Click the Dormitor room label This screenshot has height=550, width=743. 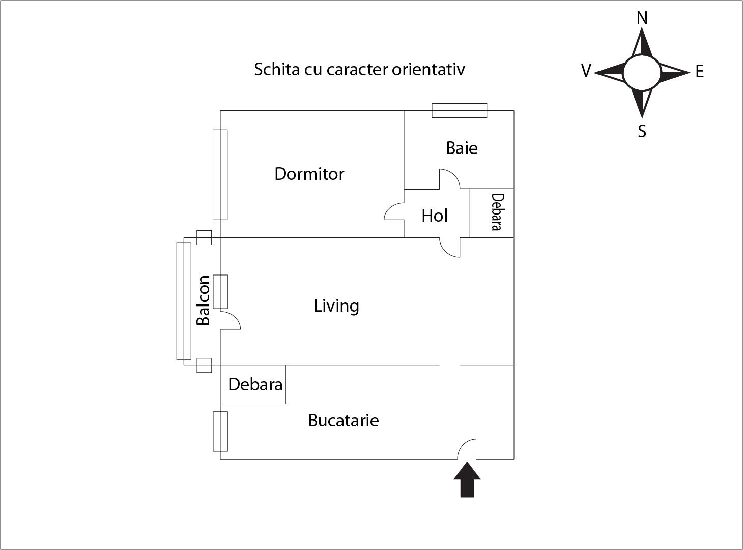(x=309, y=174)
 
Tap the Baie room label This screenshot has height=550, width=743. (x=462, y=148)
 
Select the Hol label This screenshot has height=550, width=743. (x=434, y=216)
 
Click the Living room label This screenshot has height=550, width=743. (x=336, y=305)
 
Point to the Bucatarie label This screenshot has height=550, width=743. (x=344, y=420)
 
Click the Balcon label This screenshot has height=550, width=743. (x=203, y=300)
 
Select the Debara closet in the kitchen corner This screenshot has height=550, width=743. (x=254, y=384)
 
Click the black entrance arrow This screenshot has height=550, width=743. (x=467, y=480)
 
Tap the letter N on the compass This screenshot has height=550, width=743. (x=642, y=18)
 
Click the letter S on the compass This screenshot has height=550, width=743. (x=642, y=131)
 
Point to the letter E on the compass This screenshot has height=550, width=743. (x=700, y=72)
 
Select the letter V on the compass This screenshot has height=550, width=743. (x=586, y=71)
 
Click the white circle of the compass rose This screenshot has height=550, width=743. (x=642, y=73)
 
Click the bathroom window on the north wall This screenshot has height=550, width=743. (x=459, y=110)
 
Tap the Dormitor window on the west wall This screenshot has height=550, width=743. (x=220, y=174)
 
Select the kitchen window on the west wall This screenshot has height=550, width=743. (x=220, y=432)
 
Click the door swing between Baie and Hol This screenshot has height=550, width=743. (x=449, y=179)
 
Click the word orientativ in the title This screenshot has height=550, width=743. (x=428, y=69)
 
